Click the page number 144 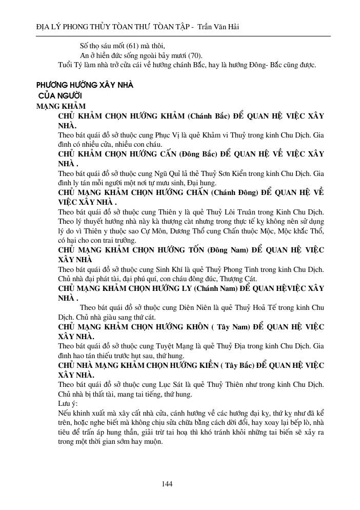click(167, 484)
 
